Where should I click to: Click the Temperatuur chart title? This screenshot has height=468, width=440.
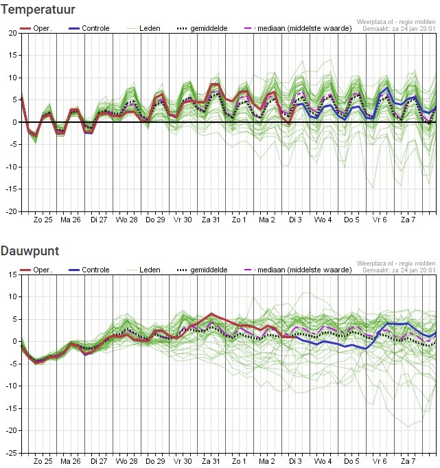[x=38, y=10]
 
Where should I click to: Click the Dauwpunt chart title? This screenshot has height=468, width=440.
[x=30, y=251]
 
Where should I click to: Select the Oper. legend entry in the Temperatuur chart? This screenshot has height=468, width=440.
[x=36, y=28]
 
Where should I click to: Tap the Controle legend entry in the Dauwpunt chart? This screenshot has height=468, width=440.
[x=89, y=270]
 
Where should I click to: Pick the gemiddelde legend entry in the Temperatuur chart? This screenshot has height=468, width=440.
[x=202, y=28]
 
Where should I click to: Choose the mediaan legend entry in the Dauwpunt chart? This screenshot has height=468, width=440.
[x=298, y=270]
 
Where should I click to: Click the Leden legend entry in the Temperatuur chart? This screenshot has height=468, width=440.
[x=143, y=28]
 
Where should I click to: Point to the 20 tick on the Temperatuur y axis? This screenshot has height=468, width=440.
[x=12, y=33]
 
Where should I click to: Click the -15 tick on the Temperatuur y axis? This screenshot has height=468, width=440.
[x=12, y=189]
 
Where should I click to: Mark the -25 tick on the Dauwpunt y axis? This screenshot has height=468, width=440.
[x=12, y=453]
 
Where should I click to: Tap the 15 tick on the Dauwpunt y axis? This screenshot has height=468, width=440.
[x=13, y=274]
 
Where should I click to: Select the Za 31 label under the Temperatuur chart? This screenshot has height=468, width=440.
[x=211, y=220]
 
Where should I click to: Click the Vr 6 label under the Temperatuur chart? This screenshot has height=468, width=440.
[x=380, y=220]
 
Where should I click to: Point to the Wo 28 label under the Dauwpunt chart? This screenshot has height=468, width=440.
[x=126, y=461]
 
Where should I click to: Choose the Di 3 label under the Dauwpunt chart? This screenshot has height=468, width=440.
[x=295, y=461]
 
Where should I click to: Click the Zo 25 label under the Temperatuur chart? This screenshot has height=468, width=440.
[x=43, y=220]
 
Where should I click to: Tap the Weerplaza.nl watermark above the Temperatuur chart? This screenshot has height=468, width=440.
[x=396, y=22]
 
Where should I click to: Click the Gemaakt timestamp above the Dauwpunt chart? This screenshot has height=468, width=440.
[x=399, y=270]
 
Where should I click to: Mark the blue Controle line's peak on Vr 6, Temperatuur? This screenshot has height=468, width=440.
[x=387, y=87]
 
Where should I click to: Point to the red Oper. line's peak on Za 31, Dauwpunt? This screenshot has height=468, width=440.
[x=211, y=314]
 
